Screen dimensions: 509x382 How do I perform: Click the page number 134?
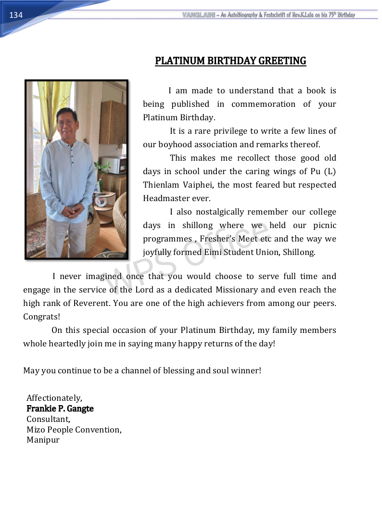click(x=16, y=15)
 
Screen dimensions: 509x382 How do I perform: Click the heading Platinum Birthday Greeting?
click(x=230, y=61)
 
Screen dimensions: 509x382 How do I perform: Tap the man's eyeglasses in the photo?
click(x=66, y=123)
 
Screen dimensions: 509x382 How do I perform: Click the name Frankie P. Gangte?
click(x=60, y=408)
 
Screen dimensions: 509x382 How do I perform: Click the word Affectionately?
click(x=54, y=398)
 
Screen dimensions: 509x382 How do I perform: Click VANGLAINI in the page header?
click(x=198, y=15)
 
